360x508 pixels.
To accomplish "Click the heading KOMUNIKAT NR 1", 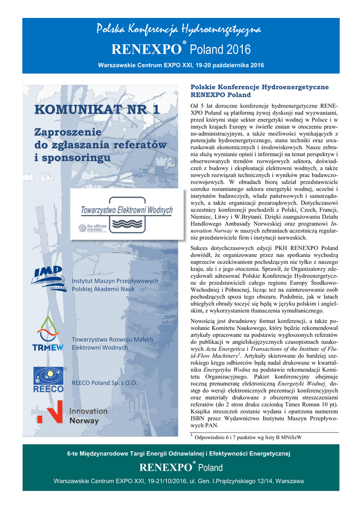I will click(97, 110).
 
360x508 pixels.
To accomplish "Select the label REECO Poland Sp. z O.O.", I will click(104, 383).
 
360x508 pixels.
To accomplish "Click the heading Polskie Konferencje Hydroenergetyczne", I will click(260, 87).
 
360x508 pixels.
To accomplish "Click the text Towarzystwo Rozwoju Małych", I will click(113, 339).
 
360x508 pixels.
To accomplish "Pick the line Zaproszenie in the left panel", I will click(67, 132).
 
